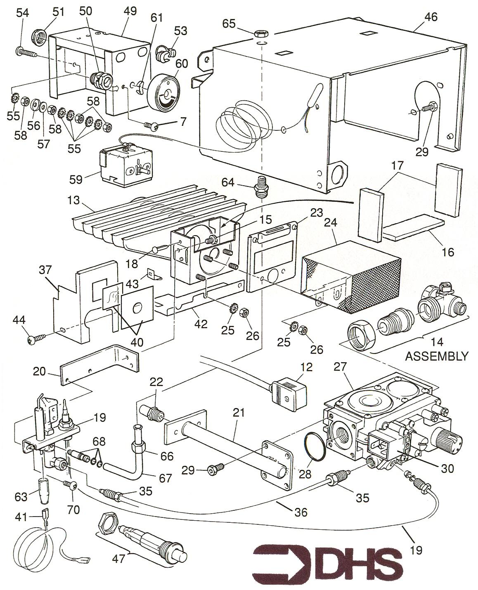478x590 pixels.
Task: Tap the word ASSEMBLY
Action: tap(437, 356)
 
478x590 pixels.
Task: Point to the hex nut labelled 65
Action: tap(261, 33)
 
